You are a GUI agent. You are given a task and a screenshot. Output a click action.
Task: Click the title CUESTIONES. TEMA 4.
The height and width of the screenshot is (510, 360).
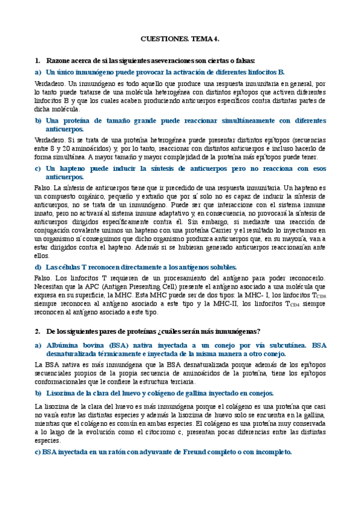pyautogui.click(x=180, y=38)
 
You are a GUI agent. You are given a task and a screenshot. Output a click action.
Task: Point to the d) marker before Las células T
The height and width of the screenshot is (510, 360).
pyautogui.click(x=38, y=266)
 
